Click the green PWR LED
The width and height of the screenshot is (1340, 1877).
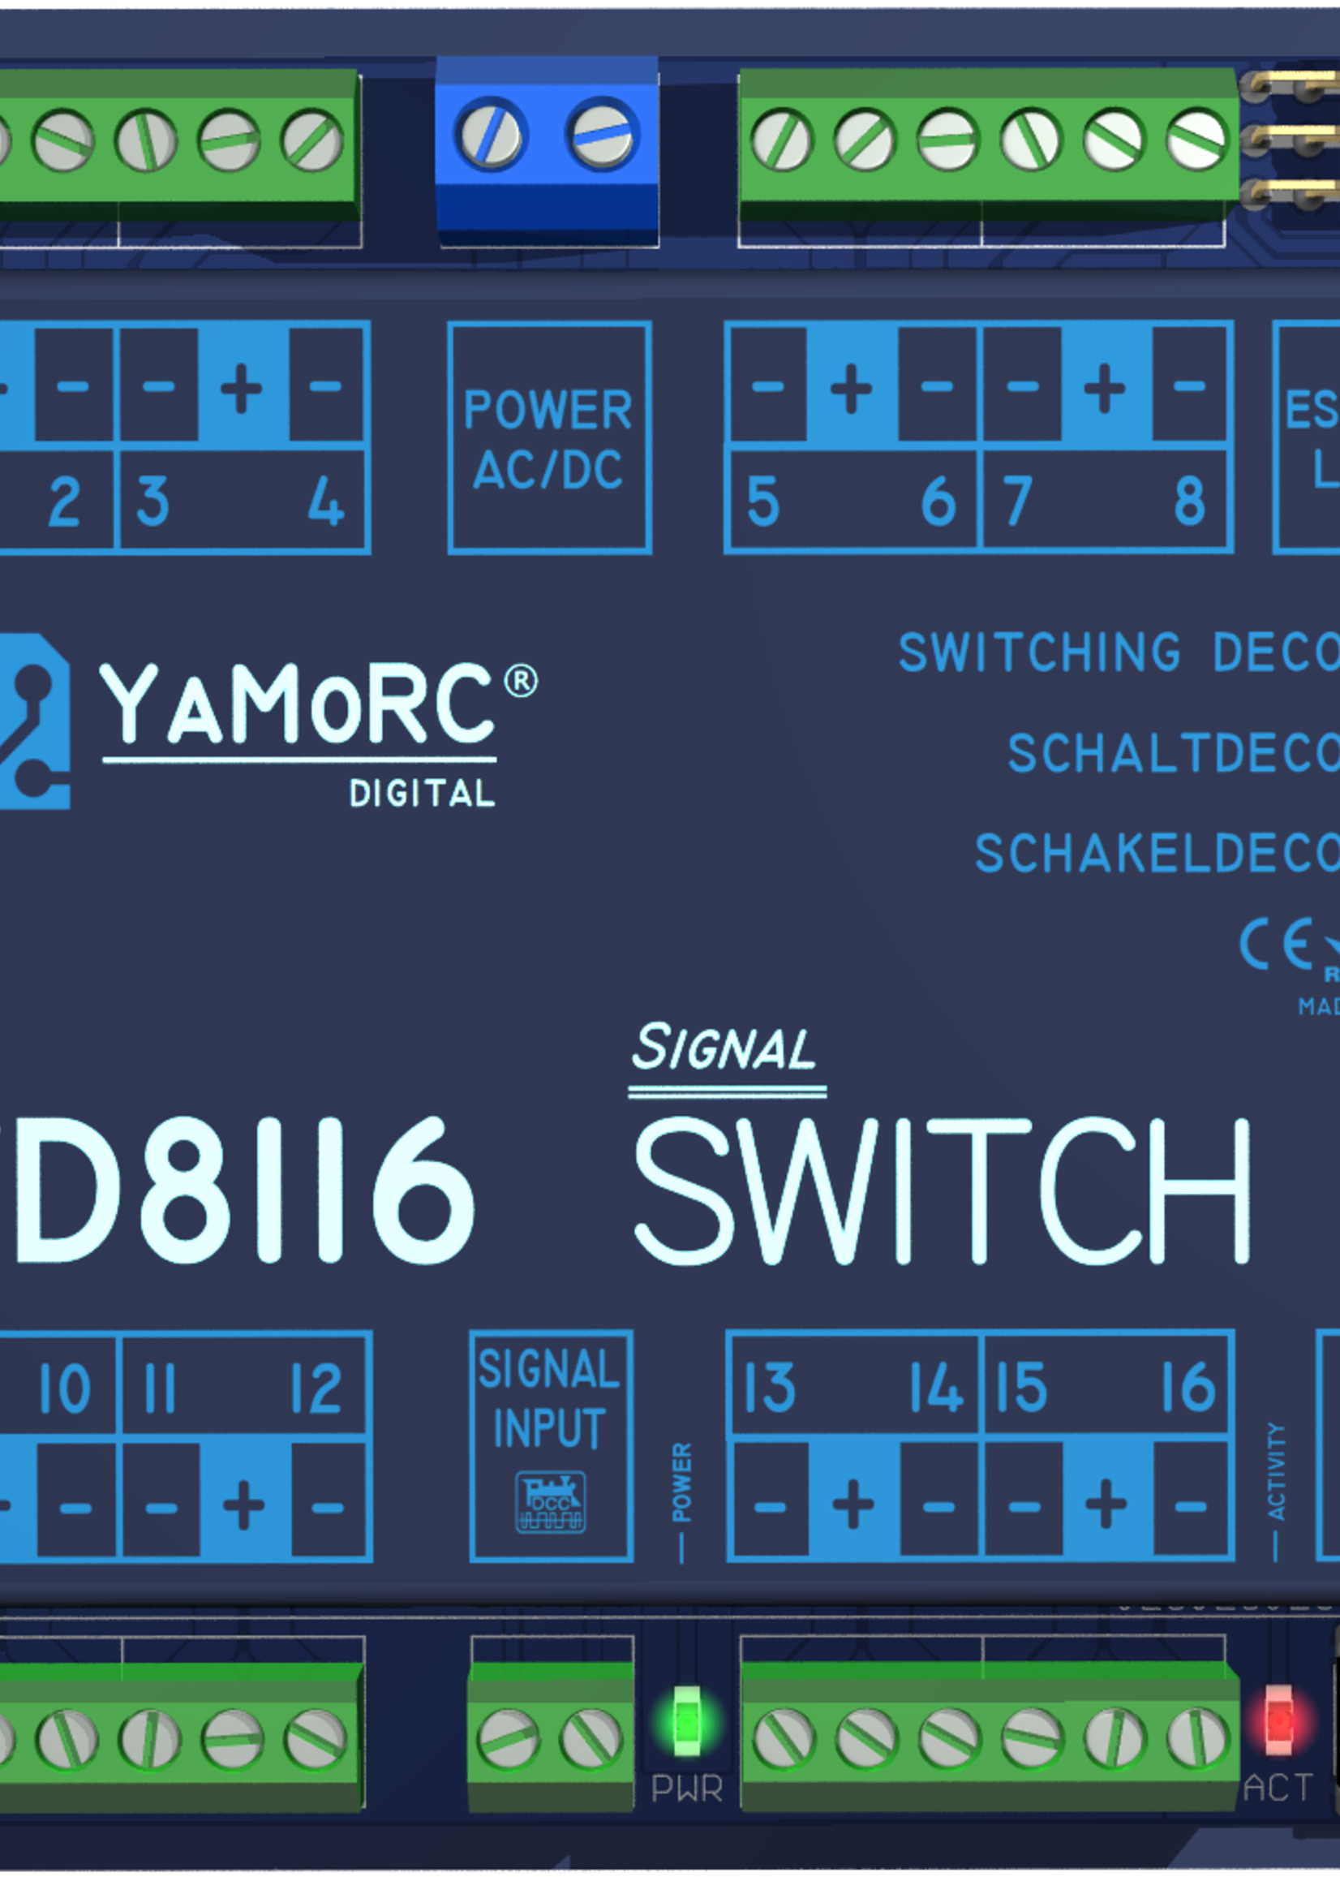686,1723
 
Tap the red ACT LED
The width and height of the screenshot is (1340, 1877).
1278,1721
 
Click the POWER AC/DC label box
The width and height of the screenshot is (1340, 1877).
549,438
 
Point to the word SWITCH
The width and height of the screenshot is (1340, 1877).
942,1192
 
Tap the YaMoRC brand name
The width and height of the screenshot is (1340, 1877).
298,704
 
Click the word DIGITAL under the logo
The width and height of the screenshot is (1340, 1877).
422,794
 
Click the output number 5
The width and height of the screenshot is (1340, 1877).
762,501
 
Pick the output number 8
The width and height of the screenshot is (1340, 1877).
1189,501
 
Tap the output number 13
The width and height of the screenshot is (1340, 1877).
769,1387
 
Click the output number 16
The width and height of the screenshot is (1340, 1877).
1188,1387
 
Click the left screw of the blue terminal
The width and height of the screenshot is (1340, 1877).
491,135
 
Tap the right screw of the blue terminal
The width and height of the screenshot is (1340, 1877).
603,135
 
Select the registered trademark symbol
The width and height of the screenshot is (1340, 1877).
521,682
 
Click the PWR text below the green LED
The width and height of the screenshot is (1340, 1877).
686,1789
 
